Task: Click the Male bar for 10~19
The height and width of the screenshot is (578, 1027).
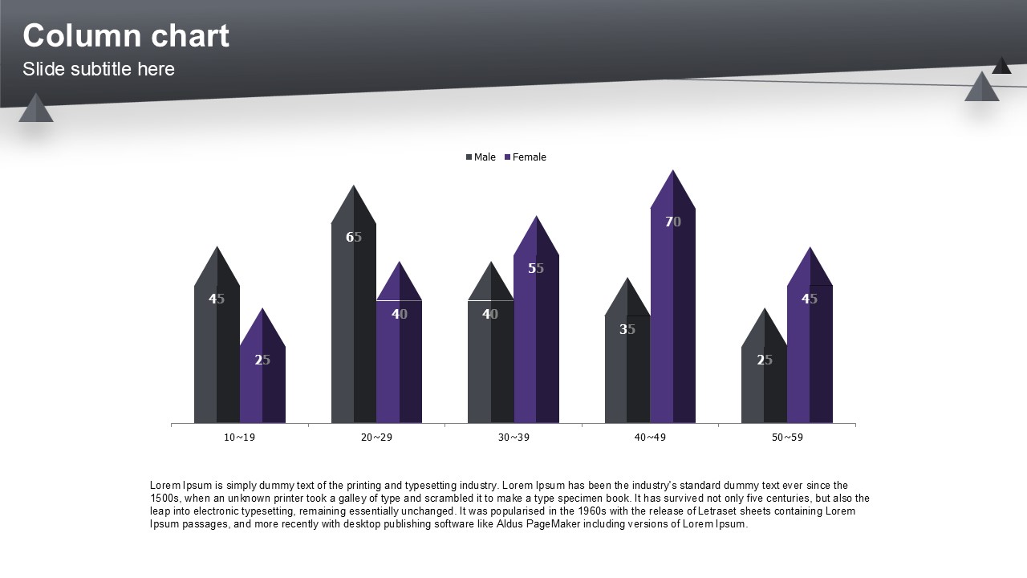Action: [x=217, y=361]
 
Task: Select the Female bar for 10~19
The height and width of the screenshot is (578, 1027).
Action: [x=262, y=385]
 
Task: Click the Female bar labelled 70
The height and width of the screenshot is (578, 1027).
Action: [x=672, y=321]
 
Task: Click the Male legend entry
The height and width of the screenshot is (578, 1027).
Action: [x=481, y=157]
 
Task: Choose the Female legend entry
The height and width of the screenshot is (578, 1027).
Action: [x=526, y=157]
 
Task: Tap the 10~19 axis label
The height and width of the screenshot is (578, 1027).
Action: [x=240, y=438]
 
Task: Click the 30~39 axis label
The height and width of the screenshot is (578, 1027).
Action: [x=513, y=438]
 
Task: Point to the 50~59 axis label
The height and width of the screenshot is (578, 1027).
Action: [x=787, y=438]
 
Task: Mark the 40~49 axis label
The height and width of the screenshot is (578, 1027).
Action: [x=650, y=438]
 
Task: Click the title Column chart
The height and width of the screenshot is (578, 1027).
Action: [x=126, y=36]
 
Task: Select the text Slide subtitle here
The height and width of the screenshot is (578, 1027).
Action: [x=99, y=69]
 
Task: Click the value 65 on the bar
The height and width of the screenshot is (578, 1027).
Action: [x=354, y=237]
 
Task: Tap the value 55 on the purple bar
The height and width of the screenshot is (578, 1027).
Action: [x=536, y=268]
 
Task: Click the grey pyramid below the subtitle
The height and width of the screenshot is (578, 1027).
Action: [x=36, y=110]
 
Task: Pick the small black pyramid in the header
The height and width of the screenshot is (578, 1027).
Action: [x=1001, y=67]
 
